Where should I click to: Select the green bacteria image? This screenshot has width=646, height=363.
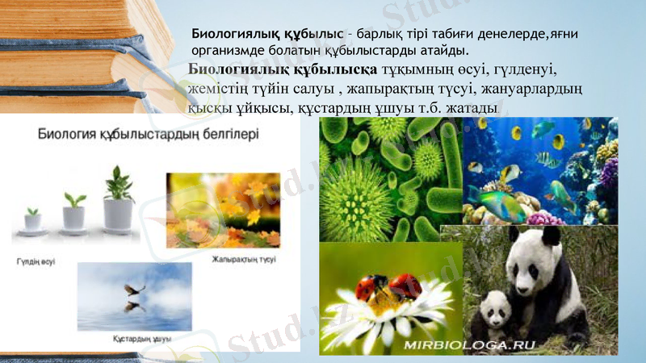390,179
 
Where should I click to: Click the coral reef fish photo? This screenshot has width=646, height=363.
539,171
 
